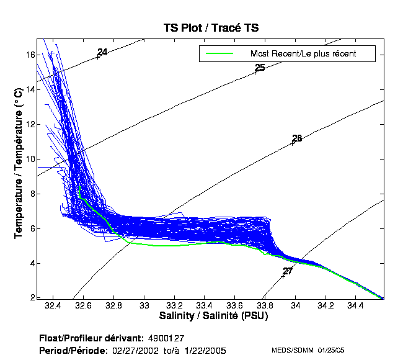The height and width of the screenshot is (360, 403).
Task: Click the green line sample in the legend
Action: tap(219, 54)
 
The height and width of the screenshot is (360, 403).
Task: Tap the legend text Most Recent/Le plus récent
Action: tap(303, 54)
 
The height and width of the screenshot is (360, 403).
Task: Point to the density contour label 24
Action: tap(102, 53)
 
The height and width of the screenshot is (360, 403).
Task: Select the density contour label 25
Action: tap(260, 68)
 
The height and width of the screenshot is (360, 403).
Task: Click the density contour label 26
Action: tap(297, 138)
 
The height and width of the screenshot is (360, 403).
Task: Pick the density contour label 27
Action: tap(288, 271)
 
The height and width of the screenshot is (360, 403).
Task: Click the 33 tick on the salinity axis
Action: tap(144, 306)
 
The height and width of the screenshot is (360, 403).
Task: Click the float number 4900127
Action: tap(167, 338)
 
